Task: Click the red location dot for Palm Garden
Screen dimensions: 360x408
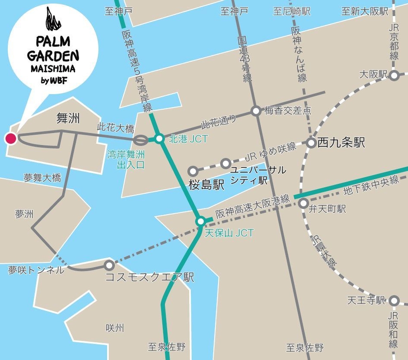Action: [10, 139]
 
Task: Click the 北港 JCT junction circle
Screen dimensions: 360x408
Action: [159, 139]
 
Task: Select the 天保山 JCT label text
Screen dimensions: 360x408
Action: [229, 233]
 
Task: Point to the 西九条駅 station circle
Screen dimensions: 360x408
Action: [311, 143]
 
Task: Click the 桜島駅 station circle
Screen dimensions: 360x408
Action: [193, 171]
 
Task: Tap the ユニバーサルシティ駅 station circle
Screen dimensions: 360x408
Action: [225, 164]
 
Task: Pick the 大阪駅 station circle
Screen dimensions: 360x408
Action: [394, 76]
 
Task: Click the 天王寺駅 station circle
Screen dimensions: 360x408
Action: [394, 301]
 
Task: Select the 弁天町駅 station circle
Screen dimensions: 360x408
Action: [304, 203]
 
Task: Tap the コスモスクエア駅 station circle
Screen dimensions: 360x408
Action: [109, 265]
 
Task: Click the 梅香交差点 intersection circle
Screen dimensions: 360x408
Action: [256, 111]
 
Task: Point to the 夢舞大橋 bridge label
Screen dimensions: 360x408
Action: [42, 178]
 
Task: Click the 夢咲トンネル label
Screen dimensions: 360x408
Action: [36, 270]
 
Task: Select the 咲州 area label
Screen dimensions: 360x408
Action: [115, 328]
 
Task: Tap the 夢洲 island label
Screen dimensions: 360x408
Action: [24, 214]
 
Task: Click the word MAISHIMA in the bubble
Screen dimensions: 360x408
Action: [53, 69]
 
